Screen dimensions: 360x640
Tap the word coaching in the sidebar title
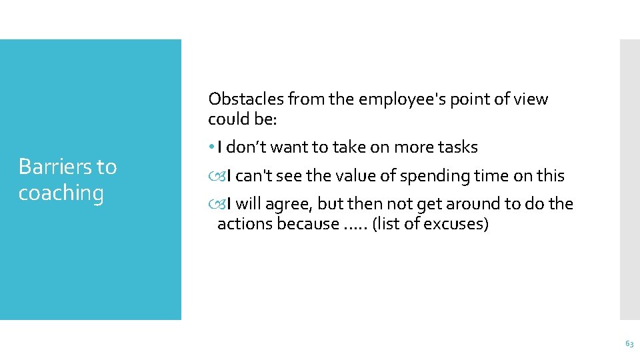pyautogui.click(x=61, y=193)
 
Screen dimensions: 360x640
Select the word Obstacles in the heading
pyautogui.click(x=245, y=99)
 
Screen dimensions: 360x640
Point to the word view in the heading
pyautogui.click(x=530, y=99)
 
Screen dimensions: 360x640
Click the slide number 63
pyautogui.click(x=629, y=343)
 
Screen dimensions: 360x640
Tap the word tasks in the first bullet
pyautogui.click(x=457, y=147)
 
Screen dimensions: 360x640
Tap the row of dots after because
pyautogui.click(x=354, y=225)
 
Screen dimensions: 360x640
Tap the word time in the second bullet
pyautogui.click(x=491, y=176)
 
